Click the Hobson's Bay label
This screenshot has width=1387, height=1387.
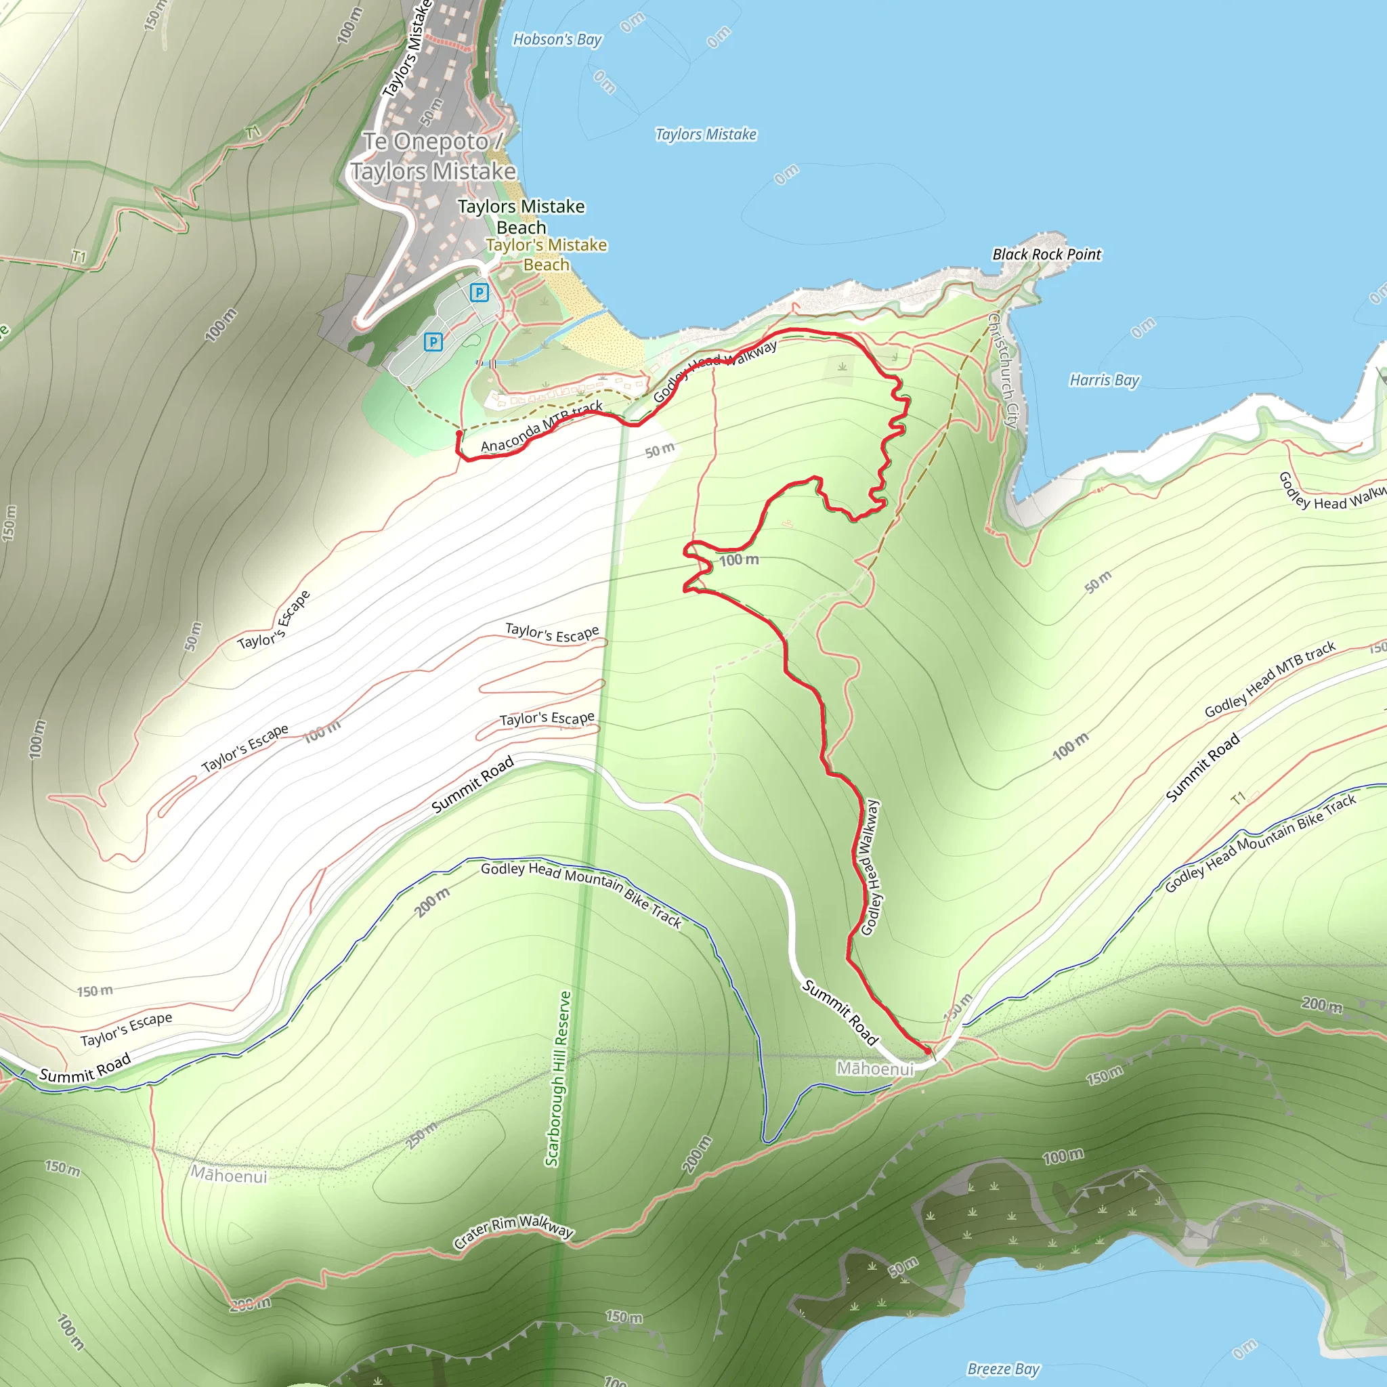[x=557, y=39]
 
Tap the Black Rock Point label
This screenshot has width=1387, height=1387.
[x=1046, y=254]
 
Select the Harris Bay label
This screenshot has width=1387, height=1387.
[x=1104, y=380]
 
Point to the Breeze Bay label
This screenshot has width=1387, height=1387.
[x=1003, y=1368]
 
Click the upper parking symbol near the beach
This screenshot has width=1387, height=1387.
[x=479, y=292]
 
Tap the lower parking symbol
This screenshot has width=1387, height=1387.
[x=433, y=342]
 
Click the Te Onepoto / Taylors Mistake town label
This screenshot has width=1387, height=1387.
[x=433, y=156]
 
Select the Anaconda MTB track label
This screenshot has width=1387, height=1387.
[x=541, y=427]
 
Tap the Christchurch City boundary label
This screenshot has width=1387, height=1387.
[x=1003, y=370]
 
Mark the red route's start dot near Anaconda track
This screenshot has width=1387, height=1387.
[x=459, y=434]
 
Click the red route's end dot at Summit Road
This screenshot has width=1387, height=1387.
[x=928, y=1051]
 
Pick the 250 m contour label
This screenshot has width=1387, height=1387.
[x=421, y=1135]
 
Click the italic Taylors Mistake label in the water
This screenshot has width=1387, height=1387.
[x=706, y=134]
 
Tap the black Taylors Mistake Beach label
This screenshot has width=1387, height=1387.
[x=521, y=216]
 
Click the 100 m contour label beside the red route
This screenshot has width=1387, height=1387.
[x=739, y=560]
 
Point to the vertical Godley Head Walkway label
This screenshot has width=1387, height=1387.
[x=870, y=868]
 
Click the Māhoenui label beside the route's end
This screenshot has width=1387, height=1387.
[x=874, y=1069]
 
